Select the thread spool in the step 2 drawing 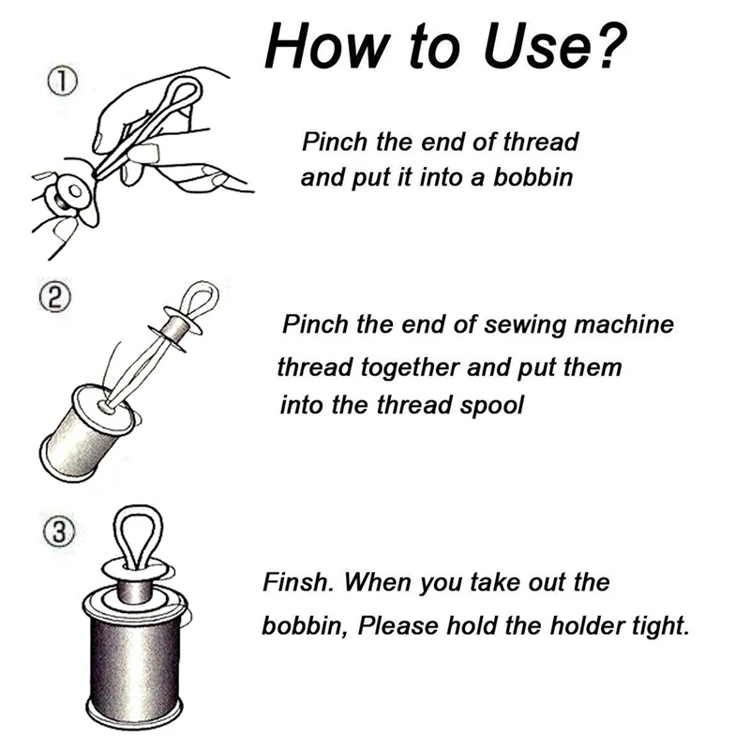click(84, 421)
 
